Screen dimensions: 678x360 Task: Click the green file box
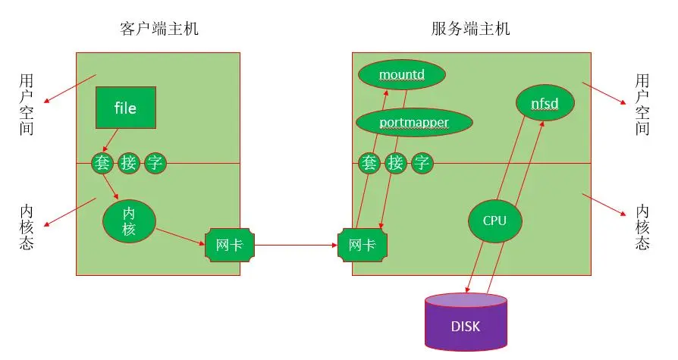[126, 108]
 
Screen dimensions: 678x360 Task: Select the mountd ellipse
[402, 74]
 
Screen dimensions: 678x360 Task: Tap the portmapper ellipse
[414, 122]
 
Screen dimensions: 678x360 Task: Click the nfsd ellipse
[545, 103]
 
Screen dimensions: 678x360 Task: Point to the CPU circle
[494, 221]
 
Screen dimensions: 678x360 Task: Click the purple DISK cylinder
[466, 321]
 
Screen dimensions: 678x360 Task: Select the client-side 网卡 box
[230, 245]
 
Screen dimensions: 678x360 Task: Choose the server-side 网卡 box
[363, 245]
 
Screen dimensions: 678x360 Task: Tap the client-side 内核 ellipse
[129, 221]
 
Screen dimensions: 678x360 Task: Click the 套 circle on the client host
[102, 163]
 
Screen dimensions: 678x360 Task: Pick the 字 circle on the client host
[155, 163]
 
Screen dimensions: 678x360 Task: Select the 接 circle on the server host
[396, 163]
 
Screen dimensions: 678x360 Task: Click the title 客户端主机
[159, 29]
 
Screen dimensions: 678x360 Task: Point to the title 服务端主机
[471, 29]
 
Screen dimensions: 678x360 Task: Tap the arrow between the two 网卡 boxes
[297, 245]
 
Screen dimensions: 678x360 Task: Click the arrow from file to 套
[110, 140]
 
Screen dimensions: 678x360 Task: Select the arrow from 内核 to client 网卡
[180, 236]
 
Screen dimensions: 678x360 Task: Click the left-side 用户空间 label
[27, 105]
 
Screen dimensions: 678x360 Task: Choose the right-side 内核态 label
[642, 227]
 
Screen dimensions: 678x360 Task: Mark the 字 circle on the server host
[422, 163]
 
